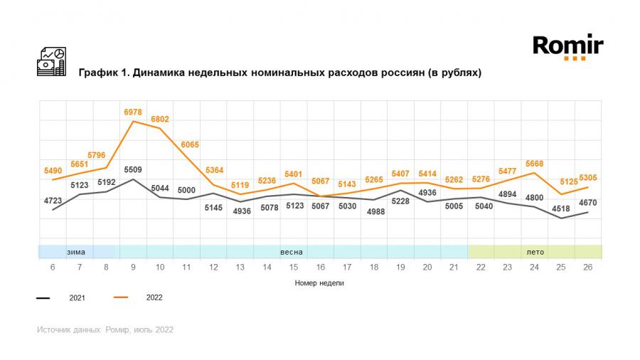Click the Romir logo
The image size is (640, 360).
(x=567, y=47)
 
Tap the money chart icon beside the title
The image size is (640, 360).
(x=51, y=62)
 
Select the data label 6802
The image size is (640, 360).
(x=160, y=120)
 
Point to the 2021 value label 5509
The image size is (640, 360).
(x=133, y=170)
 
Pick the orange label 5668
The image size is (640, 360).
(x=533, y=164)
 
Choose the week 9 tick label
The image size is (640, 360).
(x=133, y=267)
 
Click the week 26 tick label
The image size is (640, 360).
(x=588, y=267)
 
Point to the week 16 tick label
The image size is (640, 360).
(x=321, y=267)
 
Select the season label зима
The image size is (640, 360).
(x=76, y=252)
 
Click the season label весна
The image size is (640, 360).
(x=292, y=252)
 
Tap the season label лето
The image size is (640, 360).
(x=535, y=252)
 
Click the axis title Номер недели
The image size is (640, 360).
(x=320, y=282)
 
